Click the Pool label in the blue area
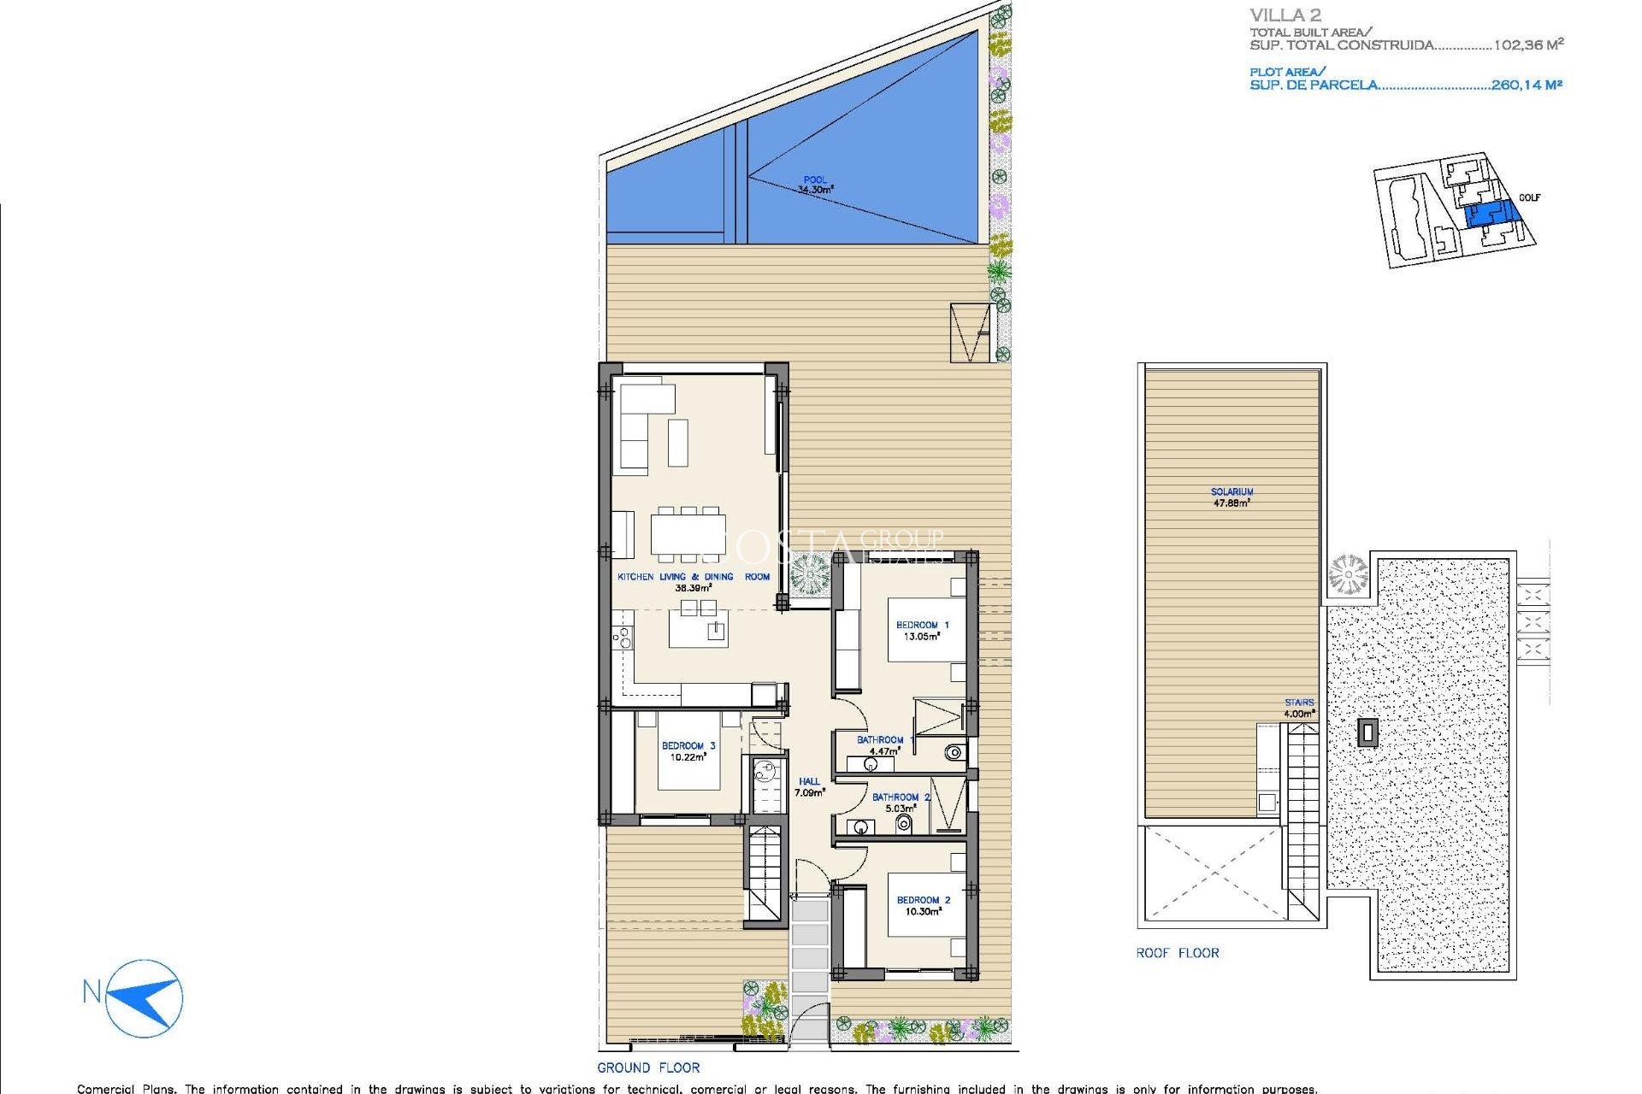coord(815,185)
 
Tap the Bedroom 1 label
coord(922,631)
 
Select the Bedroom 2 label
coord(923,906)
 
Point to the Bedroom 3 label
coord(688,751)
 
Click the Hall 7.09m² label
coord(809,787)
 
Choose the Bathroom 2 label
coord(901,803)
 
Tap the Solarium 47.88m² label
coord(1231,497)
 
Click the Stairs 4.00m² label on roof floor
coord(1298,708)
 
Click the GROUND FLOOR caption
coord(648,1068)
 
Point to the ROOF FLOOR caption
coord(1177,953)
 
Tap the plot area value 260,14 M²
coord(1526,85)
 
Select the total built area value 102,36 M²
coord(1527,44)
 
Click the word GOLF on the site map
coord(1529,197)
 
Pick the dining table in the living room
coord(688,534)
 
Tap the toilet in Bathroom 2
coord(903,824)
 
